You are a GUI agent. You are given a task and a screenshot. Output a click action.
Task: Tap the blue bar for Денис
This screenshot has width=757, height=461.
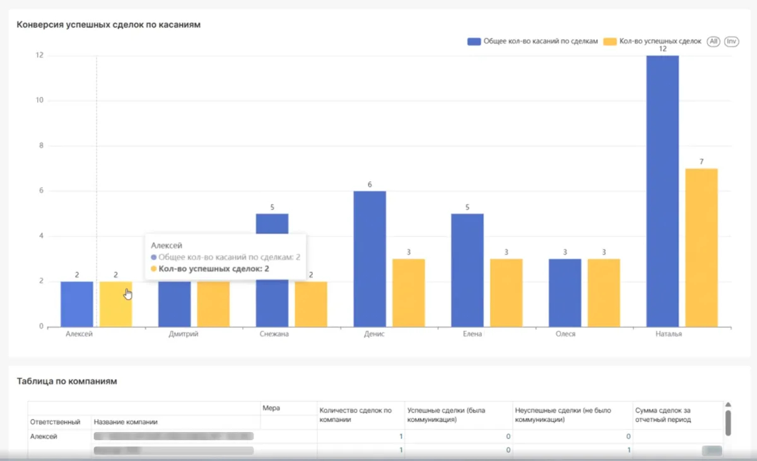pyautogui.click(x=369, y=259)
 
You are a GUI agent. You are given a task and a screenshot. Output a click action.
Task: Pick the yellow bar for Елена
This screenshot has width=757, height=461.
pyautogui.click(x=506, y=293)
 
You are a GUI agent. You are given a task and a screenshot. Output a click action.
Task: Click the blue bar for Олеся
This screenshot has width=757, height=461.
pyautogui.click(x=565, y=293)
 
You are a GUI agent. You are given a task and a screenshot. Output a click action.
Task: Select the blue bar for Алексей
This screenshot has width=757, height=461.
pyautogui.click(x=76, y=304)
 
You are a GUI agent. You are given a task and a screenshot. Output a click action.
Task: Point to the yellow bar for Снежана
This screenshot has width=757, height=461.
pyautogui.click(x=310, y=304)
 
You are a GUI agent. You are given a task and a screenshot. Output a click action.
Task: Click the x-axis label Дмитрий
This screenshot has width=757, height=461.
pyautogui.click(x=184, y=334)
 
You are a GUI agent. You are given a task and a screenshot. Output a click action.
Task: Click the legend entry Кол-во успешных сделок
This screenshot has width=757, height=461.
pyautogui.click(x=652, y=42)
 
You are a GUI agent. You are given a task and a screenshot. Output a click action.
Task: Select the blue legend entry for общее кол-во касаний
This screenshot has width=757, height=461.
pyautogui.click(x=532, y=42)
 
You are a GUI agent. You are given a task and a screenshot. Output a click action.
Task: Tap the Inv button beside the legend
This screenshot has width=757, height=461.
pyautogui.click(x=731, y=42)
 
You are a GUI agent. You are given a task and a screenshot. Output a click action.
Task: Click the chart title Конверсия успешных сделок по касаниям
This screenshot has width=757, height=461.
pyautogui.click(x=109, y=25)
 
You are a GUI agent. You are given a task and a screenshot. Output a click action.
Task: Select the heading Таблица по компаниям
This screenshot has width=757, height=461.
pyautogui.click(x=67, y=381)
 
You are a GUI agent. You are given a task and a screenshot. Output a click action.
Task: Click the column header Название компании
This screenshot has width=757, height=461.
pyautogui.click(x=126, y=422)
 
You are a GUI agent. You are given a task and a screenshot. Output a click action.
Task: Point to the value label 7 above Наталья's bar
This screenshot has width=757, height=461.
pyautogui.click(x=701, y=162)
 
